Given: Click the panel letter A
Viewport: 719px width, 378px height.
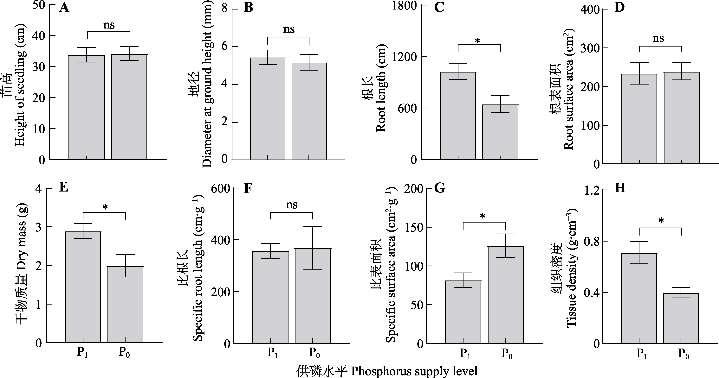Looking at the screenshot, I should tap(64, 8).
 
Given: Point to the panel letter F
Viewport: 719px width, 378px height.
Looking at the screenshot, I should tap(248, 189).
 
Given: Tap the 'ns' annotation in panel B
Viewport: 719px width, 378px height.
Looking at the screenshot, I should tap(289, 29).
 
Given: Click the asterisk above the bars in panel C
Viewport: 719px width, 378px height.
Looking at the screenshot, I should tap(477, 41).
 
